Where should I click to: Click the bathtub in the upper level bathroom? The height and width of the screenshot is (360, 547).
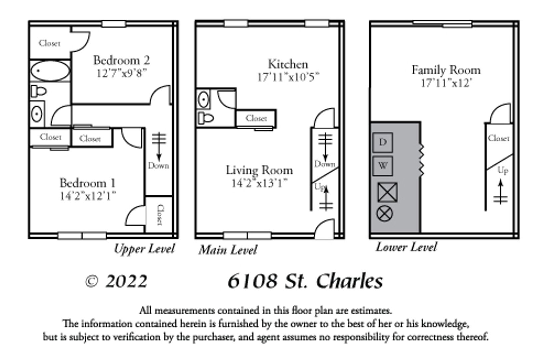pos(50,71)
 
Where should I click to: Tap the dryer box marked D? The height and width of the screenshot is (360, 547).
pos(383,142)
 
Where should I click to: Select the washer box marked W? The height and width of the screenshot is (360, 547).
pos(383,166)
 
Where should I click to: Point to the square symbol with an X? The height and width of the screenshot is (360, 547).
pos(387,192)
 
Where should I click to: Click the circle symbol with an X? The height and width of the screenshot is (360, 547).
pos(385,214)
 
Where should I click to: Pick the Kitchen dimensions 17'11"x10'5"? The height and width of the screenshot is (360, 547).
pos(288,77)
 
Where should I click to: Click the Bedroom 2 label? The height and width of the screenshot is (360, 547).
pos(122,60)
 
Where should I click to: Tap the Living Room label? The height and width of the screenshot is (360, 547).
pos(259,170)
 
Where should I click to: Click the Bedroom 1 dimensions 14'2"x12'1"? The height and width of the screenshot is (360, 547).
pos(88,196)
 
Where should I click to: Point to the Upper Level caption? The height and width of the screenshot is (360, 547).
pos(144,249)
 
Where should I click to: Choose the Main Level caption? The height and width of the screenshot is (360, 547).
pos(228,250)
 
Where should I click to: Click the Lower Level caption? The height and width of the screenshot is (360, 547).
pos(406,247)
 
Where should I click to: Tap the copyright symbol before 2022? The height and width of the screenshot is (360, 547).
pos(92,282)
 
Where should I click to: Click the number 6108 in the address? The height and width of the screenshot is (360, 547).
pos(252,281)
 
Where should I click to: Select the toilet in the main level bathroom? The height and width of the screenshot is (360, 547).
pos(206,118)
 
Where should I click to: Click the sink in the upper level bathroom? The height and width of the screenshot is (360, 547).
pos(37,114)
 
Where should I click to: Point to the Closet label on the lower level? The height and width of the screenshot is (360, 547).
pos(498,138)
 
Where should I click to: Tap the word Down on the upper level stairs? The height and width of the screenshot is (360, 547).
pos(158,166)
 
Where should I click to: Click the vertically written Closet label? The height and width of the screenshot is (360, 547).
pos(160,215)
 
